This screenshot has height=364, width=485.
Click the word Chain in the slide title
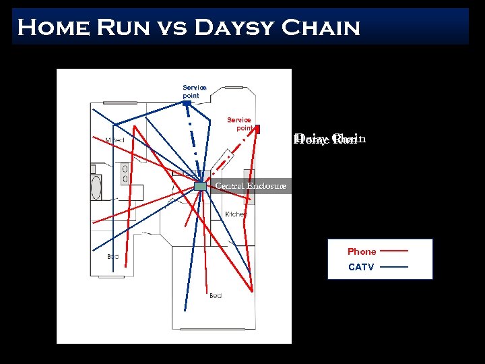coord(321,28)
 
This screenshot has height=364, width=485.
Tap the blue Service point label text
coord(195,92)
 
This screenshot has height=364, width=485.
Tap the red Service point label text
coord(239,124)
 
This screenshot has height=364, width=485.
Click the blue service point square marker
coord(187,103)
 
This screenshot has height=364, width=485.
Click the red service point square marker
coord(257,128)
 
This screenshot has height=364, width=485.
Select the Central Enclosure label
coord(251,185)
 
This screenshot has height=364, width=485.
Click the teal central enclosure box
coord(200,186)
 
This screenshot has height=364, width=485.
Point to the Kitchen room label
coord(236,214)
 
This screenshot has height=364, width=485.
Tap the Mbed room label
coord(115,140)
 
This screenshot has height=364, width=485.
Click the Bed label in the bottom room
coord(216,295)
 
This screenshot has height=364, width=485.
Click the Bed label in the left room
coord(113,256)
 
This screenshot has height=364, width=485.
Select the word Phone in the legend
coord(362,251)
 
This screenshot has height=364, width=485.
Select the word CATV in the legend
coord(361,267)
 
